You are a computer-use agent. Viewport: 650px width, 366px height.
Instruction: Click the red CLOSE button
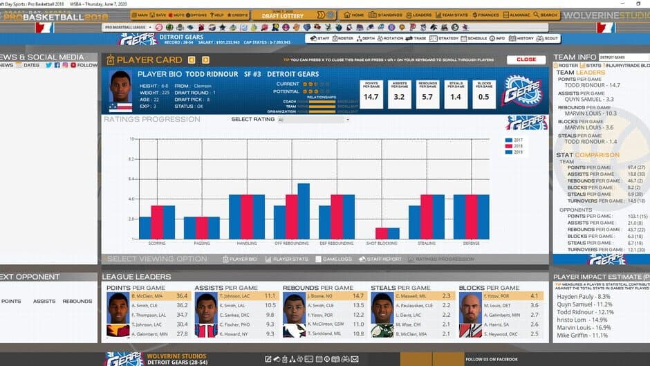(x=526, y=60)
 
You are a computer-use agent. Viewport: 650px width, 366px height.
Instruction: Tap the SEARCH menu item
(x=545, y=15)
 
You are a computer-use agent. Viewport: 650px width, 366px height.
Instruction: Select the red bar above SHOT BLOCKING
(x=381, y=233)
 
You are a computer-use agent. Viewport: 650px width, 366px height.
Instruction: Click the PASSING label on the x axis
(x=202, y=244)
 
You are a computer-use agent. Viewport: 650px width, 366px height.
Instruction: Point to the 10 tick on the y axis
(x=131, y=139)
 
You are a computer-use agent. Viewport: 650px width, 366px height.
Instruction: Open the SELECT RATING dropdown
(x=313, y=120)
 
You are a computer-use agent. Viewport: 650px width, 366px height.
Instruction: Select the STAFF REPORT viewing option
(x=382, y=259)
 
